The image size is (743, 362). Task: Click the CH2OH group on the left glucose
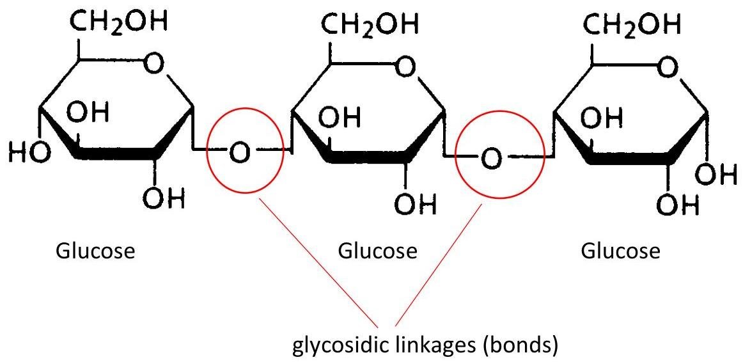point(119,21)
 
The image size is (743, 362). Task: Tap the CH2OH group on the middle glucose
point(370,23)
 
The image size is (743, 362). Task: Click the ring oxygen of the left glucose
point(154,65)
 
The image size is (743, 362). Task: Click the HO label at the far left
point(29,152)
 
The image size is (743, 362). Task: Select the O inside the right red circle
point(490,158)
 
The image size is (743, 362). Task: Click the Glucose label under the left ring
point(95,251)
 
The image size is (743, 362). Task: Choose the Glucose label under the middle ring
point(377,251)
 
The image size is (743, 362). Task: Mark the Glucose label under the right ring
point(620,251)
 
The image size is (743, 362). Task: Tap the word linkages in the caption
point(440,347)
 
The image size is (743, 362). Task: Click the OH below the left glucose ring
point(164,198)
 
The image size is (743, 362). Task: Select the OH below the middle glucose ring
point(415,204)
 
